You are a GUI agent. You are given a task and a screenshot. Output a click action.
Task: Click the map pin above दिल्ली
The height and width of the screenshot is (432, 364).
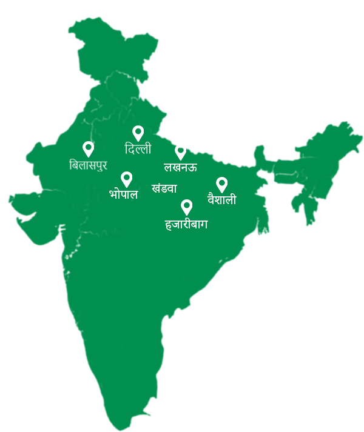point(138,133)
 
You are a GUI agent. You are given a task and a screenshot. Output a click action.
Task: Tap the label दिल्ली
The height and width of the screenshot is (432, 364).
point(138,149)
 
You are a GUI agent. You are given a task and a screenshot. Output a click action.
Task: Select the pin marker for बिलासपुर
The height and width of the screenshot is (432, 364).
point(89,148)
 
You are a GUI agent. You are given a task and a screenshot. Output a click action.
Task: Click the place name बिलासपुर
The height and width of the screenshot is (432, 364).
point(89,165)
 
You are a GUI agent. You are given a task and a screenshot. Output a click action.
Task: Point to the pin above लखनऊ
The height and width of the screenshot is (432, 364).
point(180,151)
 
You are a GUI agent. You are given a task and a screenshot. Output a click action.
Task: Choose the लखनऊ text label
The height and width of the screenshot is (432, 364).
point(180,167)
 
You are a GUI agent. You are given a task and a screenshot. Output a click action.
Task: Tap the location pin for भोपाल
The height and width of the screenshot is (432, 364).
point(127,179)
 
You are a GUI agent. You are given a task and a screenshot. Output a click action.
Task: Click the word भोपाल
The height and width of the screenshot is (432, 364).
point(124,194)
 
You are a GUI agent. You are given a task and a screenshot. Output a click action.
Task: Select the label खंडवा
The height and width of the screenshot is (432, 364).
point(164,188)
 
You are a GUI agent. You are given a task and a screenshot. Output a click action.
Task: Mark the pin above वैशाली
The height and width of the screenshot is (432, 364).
point(222,184)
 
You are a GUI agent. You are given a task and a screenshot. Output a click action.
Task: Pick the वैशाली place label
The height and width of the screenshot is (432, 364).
point(222,199)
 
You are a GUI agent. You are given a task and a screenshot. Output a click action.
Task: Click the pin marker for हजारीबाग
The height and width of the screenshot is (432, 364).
point(187,207)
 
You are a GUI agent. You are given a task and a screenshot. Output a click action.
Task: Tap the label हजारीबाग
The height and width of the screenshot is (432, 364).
point(186,224)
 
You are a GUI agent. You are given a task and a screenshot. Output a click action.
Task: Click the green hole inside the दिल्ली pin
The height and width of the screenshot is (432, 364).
point(138,131)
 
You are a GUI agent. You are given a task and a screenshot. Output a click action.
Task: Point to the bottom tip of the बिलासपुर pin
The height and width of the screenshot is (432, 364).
point(89,157)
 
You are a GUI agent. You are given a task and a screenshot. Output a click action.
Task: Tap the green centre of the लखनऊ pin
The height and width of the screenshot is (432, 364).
point(180,150)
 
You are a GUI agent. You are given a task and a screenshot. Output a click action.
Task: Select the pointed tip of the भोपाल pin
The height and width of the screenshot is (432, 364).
point(127,187)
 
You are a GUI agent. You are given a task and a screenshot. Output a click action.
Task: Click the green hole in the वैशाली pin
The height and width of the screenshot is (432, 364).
point(222,182)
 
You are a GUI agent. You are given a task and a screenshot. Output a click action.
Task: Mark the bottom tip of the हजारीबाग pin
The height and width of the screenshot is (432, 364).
point(187,215)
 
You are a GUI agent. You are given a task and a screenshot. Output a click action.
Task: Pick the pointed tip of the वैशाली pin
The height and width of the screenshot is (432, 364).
point(222,193)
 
